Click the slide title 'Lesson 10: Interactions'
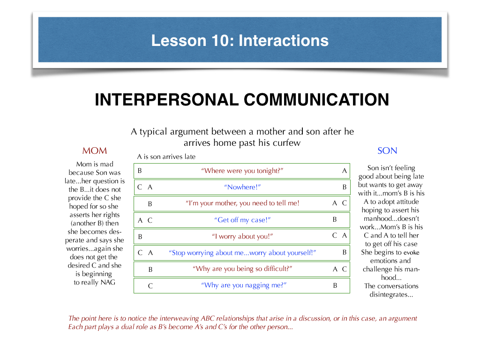tap(240, 40)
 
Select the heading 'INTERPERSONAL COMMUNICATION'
tap(242, 99)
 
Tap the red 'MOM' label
tap(95, 150)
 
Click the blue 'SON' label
tap(387, 150)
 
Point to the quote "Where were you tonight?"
tap(242, 171)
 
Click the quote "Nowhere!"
tap(242, 187)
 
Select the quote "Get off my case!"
tap(242, 220)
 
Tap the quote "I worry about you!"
tap(242, 236)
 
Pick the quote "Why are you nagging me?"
tap(244, 285)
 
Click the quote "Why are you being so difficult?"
tap(242, 269)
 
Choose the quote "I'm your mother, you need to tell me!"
tap(242, 203)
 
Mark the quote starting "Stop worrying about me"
tap(242, 253)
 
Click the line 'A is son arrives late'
tap(166, 157)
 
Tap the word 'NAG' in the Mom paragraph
tap(108, 282)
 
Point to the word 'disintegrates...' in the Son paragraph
tap(391, 294)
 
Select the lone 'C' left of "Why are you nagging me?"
tap(150, 286)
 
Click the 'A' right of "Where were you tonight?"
tap(345, 171)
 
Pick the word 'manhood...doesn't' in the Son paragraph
tap(391, 218)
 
